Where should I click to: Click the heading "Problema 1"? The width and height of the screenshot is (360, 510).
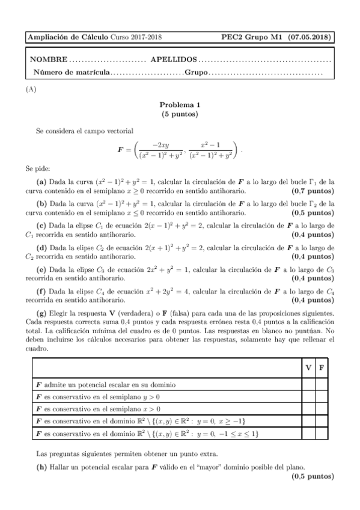(180, 104)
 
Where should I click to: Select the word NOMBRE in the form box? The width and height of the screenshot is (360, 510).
(49, 61)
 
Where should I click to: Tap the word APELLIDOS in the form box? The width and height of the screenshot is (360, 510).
(173, 61)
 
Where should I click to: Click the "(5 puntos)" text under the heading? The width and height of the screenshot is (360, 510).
(180, 113)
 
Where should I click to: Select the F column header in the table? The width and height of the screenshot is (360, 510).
(322, 367)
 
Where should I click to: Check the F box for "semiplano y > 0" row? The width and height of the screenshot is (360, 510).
(322, 397)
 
